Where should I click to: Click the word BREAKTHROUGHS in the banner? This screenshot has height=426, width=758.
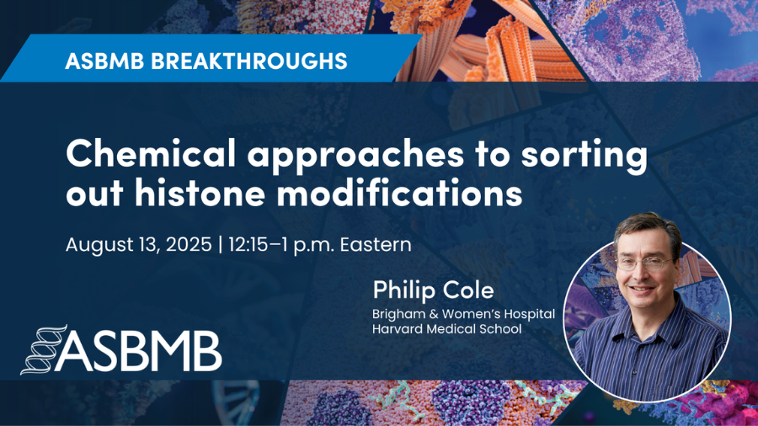(x=249, y=61)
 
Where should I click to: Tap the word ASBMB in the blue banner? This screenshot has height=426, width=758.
(x=104, y=61)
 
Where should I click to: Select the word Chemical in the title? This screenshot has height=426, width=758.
(x=151, y=152)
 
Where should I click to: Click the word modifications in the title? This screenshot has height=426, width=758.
(x=399, y=193)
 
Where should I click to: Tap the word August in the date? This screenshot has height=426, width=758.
(x=95, y=245)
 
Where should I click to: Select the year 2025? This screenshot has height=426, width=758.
(x=189, y=244)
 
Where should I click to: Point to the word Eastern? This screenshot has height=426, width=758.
(x=376, y=244)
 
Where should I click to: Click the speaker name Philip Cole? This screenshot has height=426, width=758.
(x=433, y=290)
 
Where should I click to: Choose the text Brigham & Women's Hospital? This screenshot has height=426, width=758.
(x=463, y=314)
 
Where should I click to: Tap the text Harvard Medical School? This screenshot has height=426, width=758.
(x=447, y=329)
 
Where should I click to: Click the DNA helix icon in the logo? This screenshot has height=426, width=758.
(x=43, y=349)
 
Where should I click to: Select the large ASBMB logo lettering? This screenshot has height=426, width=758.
(x=140, y=351)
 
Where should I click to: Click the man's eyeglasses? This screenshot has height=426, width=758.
(x=646, y=264)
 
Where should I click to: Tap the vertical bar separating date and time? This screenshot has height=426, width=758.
(x=221, y=245)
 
